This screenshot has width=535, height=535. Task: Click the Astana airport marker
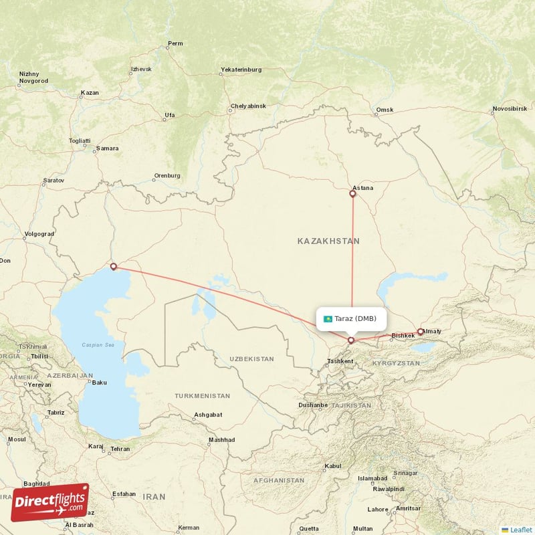353,194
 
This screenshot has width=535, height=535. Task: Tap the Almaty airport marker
421,331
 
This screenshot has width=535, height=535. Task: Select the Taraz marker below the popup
351,340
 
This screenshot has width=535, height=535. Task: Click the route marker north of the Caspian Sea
113,267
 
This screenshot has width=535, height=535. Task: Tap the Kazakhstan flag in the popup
328,319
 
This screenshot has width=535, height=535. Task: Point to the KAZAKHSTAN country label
328,241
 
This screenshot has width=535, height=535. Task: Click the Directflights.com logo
50,502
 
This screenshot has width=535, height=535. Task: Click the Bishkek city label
403,335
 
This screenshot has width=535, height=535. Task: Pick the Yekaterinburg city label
241,70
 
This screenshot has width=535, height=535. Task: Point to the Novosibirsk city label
510,108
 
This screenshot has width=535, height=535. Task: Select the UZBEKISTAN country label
251,359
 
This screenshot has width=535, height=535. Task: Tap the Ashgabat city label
207,415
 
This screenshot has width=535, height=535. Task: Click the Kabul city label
333,465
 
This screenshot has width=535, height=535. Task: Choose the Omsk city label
385,110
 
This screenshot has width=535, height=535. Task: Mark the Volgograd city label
38,234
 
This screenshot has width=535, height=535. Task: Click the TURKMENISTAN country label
202,396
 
